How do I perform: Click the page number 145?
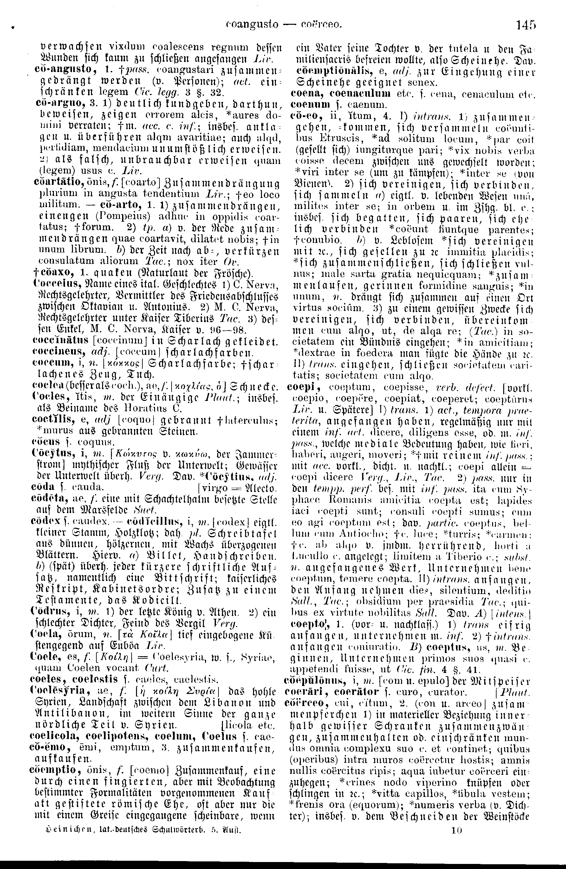[x=526, y=25]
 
